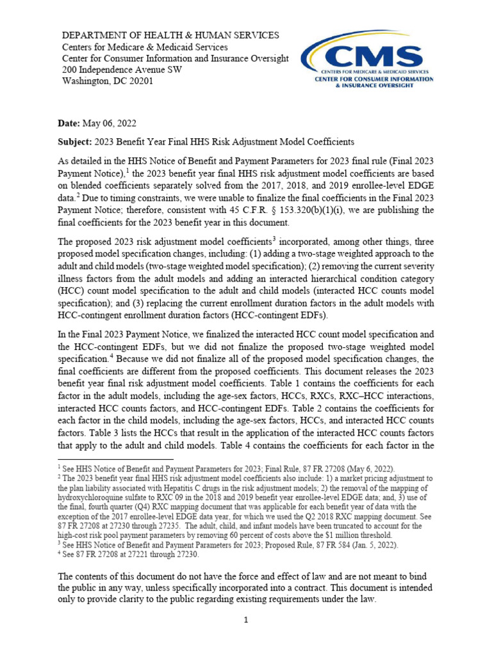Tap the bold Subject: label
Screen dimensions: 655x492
[x=77, y=142]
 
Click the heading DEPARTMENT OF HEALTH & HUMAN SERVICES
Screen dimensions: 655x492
[x=170, y=35]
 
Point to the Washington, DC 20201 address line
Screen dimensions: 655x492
[x=107, y=81]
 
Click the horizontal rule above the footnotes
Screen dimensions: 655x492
[x=115, y=459]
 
